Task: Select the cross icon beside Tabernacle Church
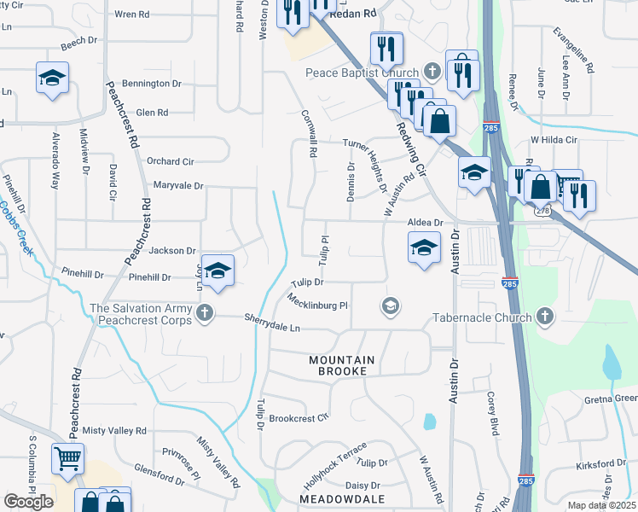pos(543,317)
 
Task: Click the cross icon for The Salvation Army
pos(204,313)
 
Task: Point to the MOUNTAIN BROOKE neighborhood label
pos(339,366)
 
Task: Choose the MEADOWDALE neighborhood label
pos(341,497)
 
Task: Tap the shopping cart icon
pos(67,458)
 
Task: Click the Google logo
pos(28,502)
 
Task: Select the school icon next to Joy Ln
pos(217,271)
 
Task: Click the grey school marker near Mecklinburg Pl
pos(391,305)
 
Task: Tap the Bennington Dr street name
pos(152,84)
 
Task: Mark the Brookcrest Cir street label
pos(299,418)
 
